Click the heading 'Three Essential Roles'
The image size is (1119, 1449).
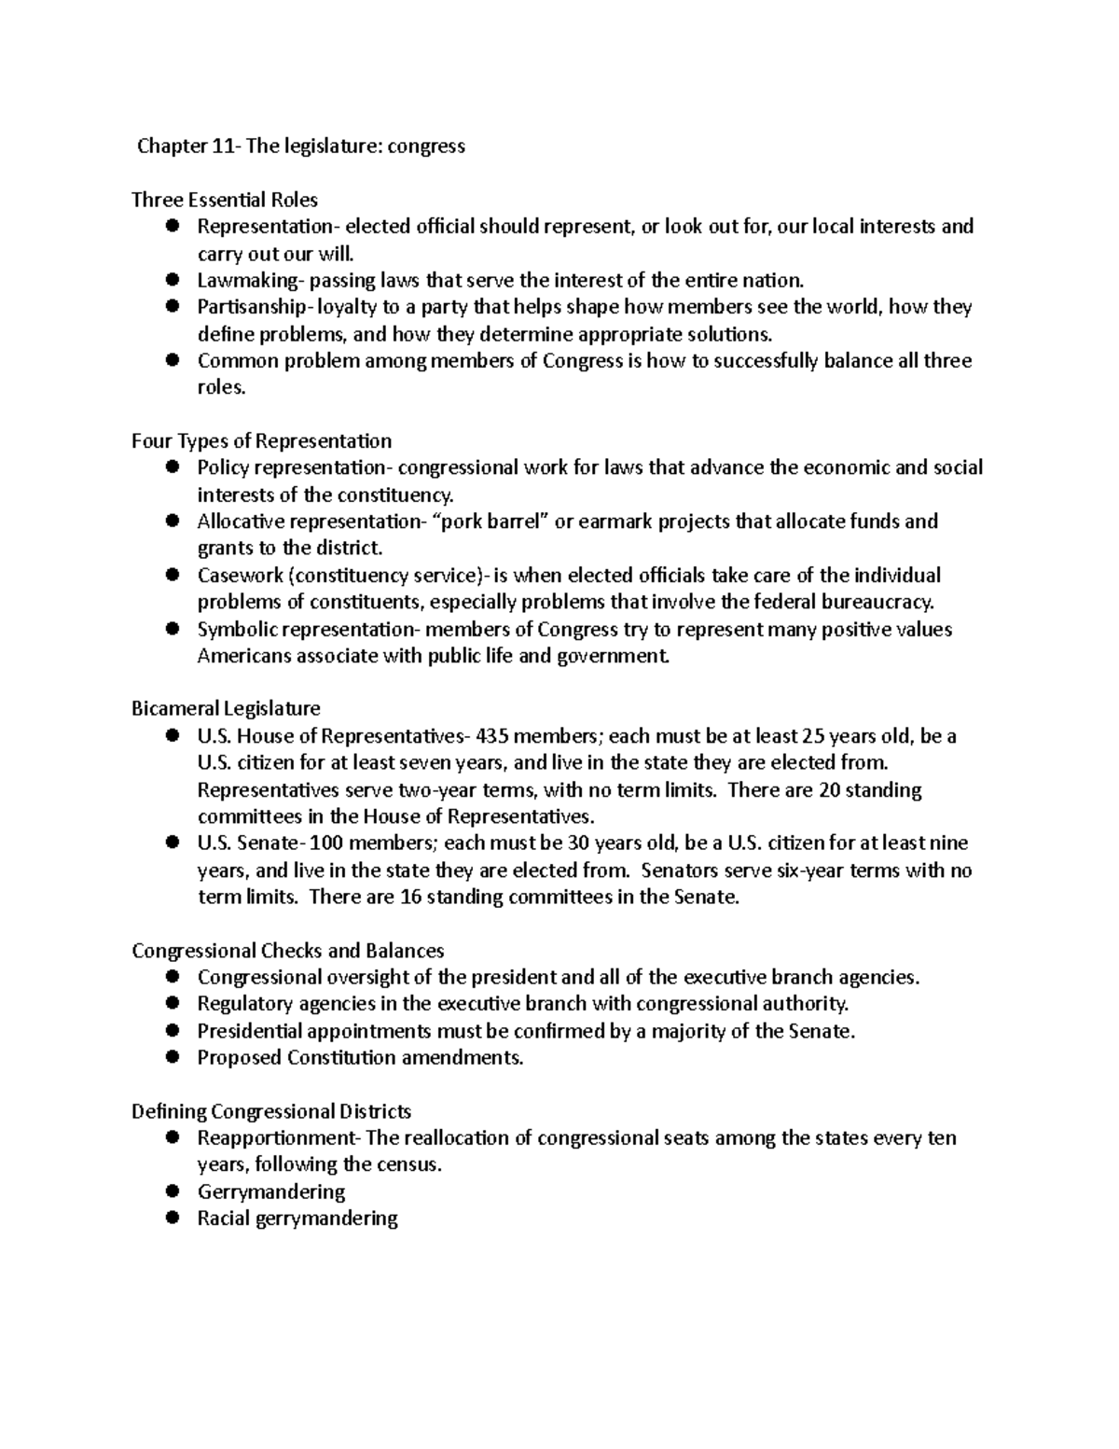coord(224,200)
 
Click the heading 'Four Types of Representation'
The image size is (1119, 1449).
coord(261,440)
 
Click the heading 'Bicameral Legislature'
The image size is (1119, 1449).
coord(226,708)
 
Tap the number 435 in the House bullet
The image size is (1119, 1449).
coord(492,736)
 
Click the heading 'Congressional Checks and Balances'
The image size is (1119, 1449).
coord(287,951)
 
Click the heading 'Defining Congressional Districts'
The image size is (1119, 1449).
coord(271,1111)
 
